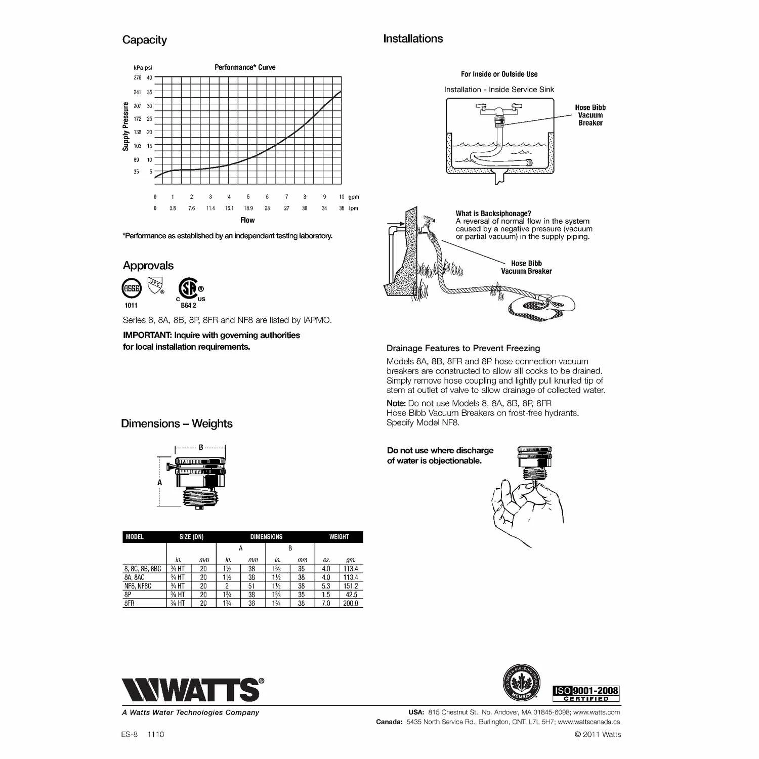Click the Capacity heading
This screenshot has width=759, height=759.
144,40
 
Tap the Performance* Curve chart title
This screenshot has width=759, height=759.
245,67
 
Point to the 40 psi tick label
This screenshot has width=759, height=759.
149,78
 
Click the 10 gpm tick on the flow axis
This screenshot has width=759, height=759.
342,197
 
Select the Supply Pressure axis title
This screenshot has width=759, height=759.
125,126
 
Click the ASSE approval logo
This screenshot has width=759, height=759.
132,288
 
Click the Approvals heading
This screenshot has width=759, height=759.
148,266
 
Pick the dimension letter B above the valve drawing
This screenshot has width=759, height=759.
201,447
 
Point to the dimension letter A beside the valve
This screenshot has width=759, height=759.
160,482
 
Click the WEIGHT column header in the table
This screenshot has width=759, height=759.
339,537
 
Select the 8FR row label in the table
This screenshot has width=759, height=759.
130,603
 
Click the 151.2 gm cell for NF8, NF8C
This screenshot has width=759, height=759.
351,586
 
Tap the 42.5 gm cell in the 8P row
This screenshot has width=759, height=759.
351,595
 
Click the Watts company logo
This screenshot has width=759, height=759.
192,689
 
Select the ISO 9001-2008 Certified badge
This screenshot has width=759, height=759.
586,693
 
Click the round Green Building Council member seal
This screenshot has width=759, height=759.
521,683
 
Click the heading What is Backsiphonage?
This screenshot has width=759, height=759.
493,214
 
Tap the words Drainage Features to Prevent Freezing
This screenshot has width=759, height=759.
463,348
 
